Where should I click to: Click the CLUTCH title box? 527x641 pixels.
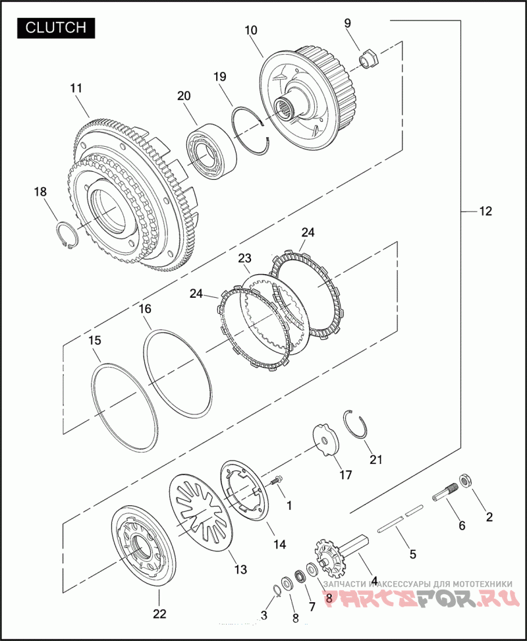point(56,27)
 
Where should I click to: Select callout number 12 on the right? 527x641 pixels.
point(485,211)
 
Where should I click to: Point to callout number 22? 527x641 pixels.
point(159,614)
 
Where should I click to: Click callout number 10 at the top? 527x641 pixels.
point(251,30)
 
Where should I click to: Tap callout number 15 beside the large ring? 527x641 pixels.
point(95,340)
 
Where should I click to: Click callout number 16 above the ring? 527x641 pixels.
point(146,308)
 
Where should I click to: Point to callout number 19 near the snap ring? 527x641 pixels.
point(219,76)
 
